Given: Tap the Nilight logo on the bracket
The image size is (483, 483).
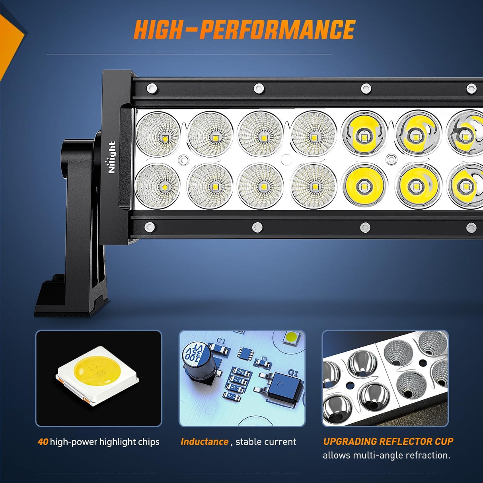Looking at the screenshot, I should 111,157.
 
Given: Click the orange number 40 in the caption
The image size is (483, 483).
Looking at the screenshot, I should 43,442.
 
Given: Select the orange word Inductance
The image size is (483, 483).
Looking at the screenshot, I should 204,442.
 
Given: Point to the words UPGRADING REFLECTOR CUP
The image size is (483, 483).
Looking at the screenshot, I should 388,441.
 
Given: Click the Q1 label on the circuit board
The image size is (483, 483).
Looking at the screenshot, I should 293,373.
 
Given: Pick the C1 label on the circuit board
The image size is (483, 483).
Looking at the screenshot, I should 221,341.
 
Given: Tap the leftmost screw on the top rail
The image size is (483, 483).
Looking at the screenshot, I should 150,88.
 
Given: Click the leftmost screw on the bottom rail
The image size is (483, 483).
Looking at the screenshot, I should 150,227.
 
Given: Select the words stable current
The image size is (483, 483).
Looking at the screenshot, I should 266,442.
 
